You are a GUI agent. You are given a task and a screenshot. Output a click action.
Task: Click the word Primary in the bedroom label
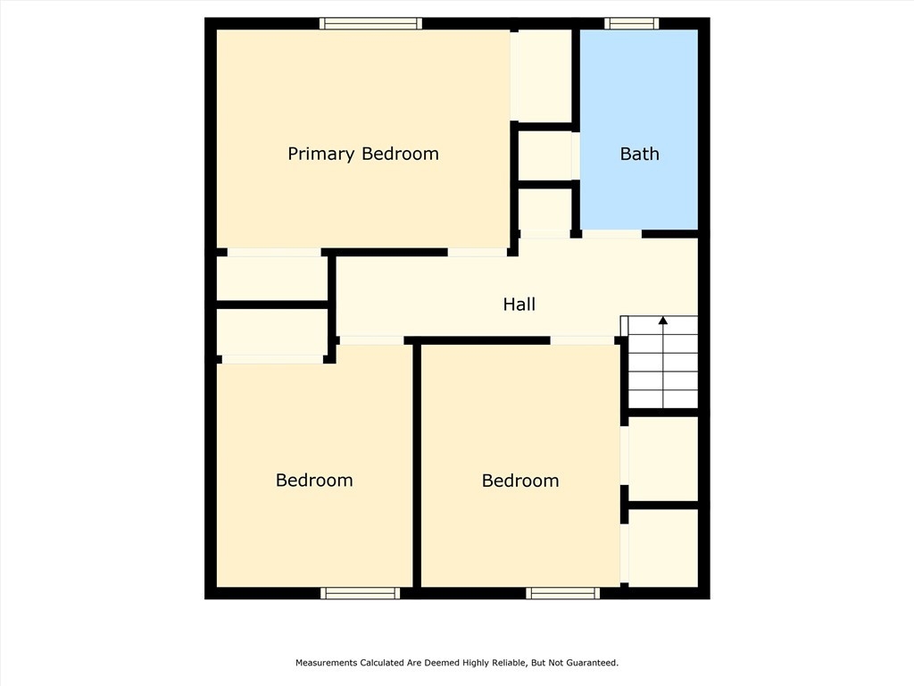321,154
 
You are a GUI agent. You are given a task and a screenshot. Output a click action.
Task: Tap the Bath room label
639,154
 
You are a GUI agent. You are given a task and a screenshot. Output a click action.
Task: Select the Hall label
519,304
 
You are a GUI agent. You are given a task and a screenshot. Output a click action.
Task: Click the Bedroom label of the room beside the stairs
520,481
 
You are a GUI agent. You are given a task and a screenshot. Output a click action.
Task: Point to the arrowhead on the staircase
663,320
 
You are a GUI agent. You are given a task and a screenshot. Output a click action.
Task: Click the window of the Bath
631,23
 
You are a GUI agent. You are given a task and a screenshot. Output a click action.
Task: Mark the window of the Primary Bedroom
370,23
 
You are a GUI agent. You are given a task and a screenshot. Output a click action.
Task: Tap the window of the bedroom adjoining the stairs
562,593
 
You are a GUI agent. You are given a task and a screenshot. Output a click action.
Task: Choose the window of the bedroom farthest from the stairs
361,593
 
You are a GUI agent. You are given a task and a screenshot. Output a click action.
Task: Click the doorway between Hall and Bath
611,234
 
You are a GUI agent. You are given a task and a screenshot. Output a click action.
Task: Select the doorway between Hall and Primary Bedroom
478,253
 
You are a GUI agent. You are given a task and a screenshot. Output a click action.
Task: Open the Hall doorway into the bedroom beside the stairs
582,340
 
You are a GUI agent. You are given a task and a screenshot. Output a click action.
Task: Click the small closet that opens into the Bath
544,155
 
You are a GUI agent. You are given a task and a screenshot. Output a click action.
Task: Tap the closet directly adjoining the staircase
663,458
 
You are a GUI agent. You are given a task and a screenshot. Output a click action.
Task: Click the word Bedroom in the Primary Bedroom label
400,154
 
